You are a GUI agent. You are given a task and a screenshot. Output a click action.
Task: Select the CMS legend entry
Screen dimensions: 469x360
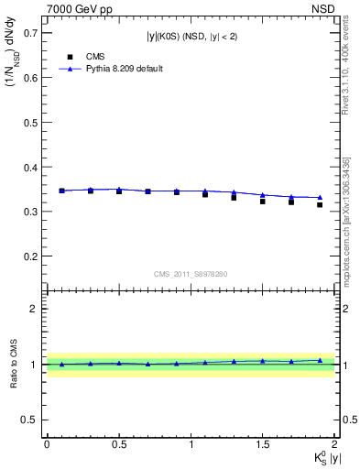tap(83, 55)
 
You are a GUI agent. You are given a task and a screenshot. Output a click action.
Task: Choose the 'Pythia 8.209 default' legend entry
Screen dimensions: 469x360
tap(111, 69)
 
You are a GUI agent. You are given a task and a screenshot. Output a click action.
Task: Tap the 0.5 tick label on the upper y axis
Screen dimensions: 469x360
tap(31, 122)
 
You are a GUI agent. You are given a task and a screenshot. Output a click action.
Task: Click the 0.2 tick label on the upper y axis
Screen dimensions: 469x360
tap(31, 256)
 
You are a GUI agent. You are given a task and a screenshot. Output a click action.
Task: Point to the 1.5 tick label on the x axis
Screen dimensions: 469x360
tap(263, 444)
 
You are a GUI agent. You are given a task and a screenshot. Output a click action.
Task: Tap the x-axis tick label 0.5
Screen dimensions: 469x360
tap(119, 444)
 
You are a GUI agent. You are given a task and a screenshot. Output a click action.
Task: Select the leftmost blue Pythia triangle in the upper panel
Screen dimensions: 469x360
tap(61, 191)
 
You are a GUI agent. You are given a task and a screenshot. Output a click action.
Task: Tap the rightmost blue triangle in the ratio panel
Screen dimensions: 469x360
tap(320, 360)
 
